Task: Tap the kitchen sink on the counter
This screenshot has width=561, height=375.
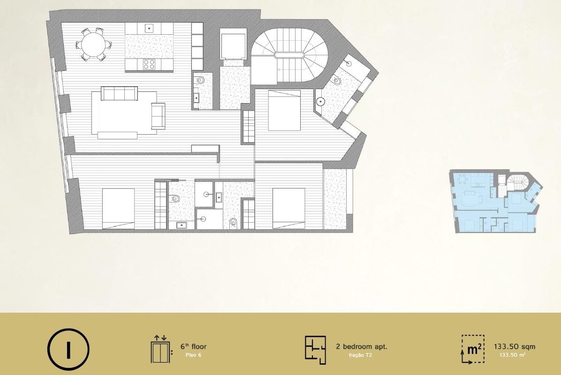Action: [149, 29]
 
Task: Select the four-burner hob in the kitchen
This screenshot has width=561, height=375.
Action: [149, 64]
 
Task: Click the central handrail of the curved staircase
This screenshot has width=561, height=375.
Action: [289, 55]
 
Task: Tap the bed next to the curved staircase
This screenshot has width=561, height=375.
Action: [284, 110]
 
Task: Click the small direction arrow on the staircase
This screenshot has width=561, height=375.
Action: [280, 69]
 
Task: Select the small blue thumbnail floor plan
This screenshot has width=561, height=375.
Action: [495, 202]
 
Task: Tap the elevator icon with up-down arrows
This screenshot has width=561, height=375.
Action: [159, 349]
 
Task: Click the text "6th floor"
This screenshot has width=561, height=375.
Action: [193, 347]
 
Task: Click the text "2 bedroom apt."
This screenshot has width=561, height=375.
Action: [361, 347]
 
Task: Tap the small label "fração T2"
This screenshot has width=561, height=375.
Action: [360, 355]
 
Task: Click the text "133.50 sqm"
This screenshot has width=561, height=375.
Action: [514, 347]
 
